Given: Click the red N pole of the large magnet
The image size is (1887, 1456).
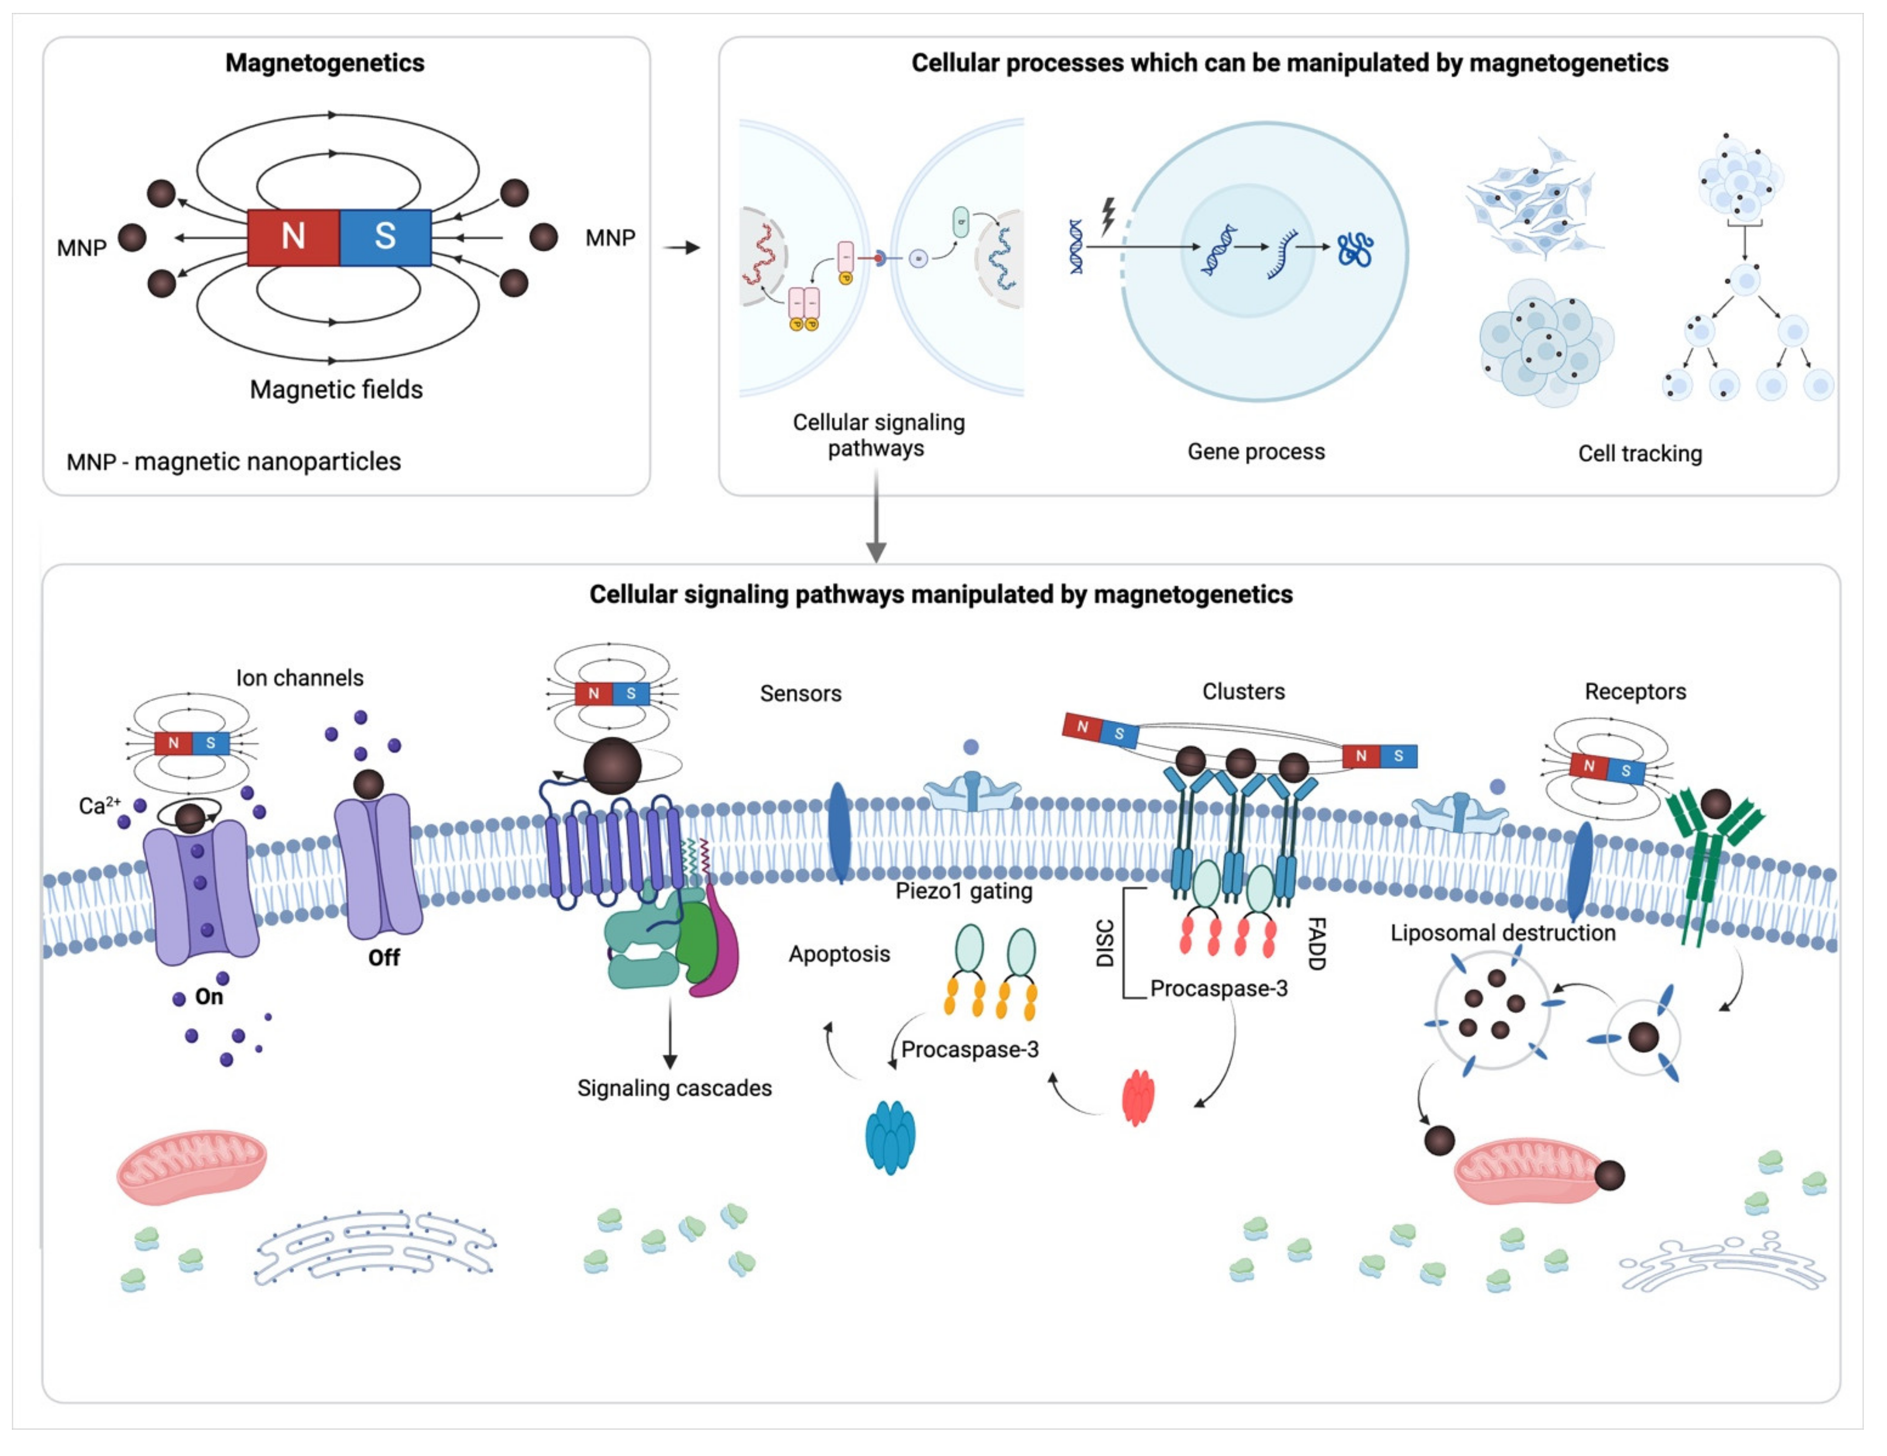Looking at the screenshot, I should pyautogui.click(x=293, y=237).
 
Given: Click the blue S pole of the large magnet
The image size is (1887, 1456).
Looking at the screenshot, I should pyautogui.click(x=386, y=237).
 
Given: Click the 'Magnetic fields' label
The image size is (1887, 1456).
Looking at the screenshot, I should pyautogui.click(x=336, y=390).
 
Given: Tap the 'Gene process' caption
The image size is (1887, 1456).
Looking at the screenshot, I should pyautogui.click(x=1255, y=452).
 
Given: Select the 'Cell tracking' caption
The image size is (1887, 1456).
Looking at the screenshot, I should pyautogui.click(x=1639, y=454).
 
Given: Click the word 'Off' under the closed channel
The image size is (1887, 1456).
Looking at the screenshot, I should pyautogui.click(x=383, y=957).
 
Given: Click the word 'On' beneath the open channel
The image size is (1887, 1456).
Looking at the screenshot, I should pyautogui.click(x=208, y=997).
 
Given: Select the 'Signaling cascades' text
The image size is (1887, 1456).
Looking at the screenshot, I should pyautogui.click(x=674, y=1088).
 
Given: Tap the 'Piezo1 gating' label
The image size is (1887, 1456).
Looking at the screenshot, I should pyautogui.click(x=964, y=891).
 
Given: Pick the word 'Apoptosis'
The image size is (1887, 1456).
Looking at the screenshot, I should pyautogui.click(x=838, y=954).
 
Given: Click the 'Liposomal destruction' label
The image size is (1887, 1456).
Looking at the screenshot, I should pyautogui.click(x=1502, y=933).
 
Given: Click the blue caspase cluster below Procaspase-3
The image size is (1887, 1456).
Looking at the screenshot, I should pyautogui.click(x=890, y=1136).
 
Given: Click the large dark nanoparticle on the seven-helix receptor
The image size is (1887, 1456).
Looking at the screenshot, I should pyautogui.click(x=612, y=766).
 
